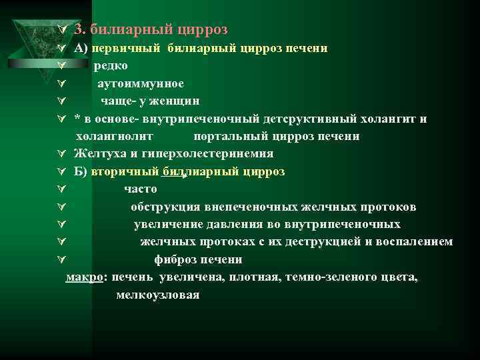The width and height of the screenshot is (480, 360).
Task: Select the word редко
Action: pyautogui.click(x=111, y=66)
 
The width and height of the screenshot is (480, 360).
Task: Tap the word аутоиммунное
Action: pyautogui.click(x=141, y=84)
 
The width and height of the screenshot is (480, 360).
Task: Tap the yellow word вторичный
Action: pyautogui.click(x=125, y=171)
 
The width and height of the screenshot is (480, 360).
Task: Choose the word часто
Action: pyautogui.click(x=140, y=189)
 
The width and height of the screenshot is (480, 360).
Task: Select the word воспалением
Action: pyautogui.click(x=411, y=241)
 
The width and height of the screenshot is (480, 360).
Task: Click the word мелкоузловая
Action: pyautogui.click(x=157, y=294)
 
